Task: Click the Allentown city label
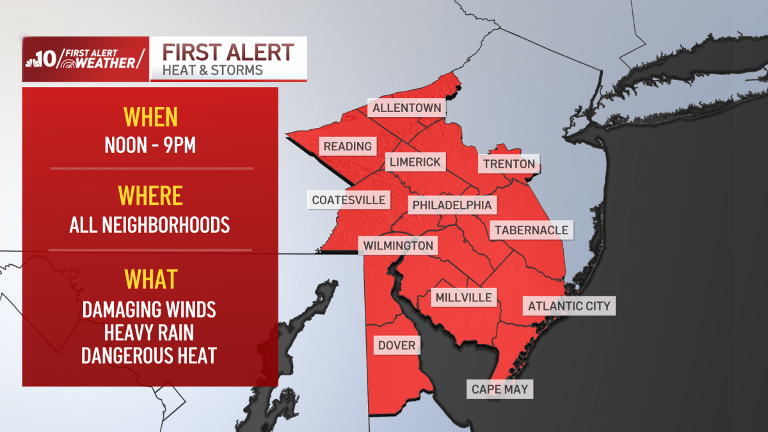click(407, 108)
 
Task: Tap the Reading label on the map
click(348, 147)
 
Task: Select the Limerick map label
click(415, 162)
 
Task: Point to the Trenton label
click(509, 164)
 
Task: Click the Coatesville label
click(349, 200)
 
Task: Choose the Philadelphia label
click(452, 205)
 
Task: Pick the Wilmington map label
click(398, 246)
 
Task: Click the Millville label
click(463, 297)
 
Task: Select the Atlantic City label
click(569, 306)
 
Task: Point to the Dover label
click(397, 346)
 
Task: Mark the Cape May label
click(499, 389)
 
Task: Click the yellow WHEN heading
click(150, 118)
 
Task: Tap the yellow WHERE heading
click(150, 196)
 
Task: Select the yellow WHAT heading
click(150, 280)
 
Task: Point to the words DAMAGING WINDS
click(149, 310)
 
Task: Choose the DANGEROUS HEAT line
click(149, 355)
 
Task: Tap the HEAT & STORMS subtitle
click(213, 70)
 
